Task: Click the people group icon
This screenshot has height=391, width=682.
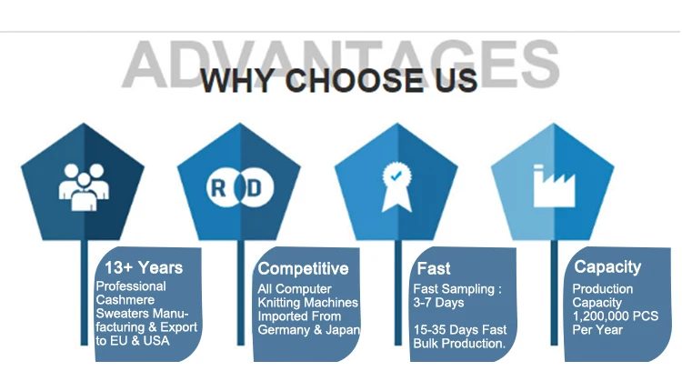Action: (x=84, y=187)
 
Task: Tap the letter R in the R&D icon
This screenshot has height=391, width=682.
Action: (x=218, y=188)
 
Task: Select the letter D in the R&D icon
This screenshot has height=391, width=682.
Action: (x=254, y=188)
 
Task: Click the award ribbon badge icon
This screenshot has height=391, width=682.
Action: (x=396, y=187)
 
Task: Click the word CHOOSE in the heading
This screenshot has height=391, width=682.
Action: (x=354, y=80)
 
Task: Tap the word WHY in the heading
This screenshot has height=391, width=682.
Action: (x=237, y=80)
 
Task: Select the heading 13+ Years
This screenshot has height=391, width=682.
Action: (x=144, y=267)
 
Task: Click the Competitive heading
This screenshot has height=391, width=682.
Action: (x=303, y=268)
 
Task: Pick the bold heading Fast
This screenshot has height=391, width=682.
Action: (x=433, y=268)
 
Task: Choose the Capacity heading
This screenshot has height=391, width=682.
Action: (x=607, y=267)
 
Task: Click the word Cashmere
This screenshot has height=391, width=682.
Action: (x=125, y=300)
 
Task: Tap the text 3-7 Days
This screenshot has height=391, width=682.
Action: (x=438, y=302)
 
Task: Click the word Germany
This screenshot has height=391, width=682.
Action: (x=284, y=330)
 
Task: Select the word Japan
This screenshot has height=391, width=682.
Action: (x=342, y=330)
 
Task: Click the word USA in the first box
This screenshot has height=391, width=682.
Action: (x=156, y=341)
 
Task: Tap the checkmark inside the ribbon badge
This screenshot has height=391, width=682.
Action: (x=396, y=175)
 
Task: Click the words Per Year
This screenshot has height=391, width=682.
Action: (x=597, y=330)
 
